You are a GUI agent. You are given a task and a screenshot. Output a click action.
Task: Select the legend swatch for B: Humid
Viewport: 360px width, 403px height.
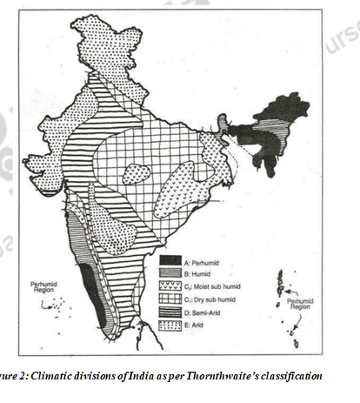coord(168,272)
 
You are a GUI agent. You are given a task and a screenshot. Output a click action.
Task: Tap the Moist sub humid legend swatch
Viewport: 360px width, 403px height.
coord(168,285)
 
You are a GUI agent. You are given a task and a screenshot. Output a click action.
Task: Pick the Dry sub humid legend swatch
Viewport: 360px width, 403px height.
coord(168,299)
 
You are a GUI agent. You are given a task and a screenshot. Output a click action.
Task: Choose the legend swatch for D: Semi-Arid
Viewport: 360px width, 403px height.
coord(168,312)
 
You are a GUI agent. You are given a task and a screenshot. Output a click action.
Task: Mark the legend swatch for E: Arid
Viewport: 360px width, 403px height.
coord(168,325)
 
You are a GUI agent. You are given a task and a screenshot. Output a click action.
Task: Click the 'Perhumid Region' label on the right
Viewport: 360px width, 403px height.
coord(300,304)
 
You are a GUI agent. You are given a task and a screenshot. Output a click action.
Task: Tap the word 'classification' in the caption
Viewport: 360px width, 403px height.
coord(294,375)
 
